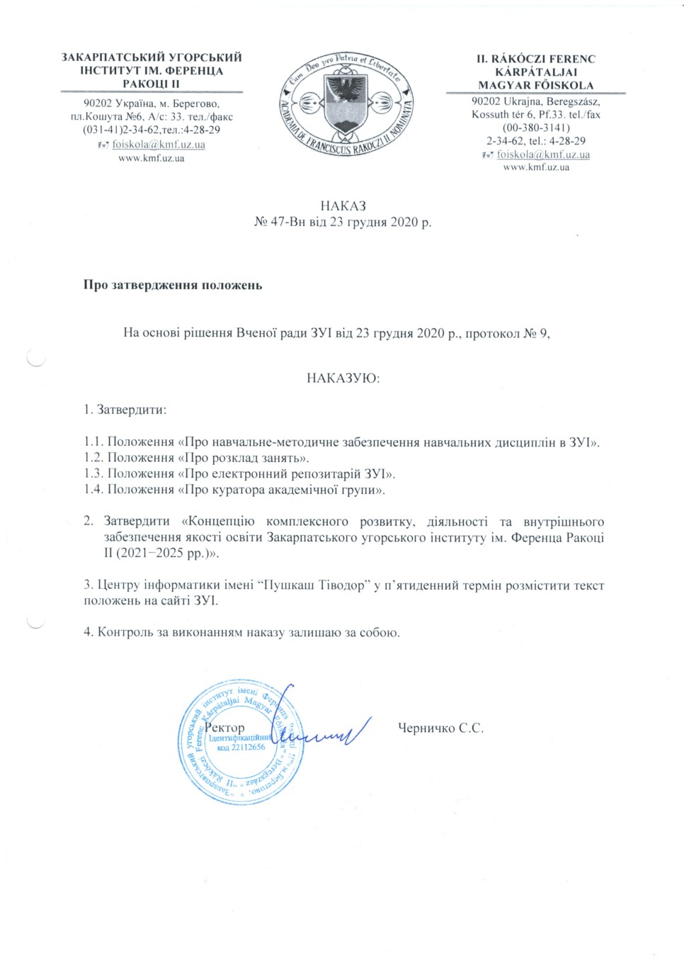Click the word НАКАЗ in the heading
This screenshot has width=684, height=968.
click(343, 206)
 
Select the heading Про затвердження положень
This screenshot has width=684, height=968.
click(173, 286)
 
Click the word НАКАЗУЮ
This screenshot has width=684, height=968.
click(343, 378)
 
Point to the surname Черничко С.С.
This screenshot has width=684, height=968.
click(440, 728)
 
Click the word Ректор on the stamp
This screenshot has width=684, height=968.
click(224, 728)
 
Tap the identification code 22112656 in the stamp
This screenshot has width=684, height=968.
click(248, 747)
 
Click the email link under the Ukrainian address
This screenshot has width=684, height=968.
click(159, 145)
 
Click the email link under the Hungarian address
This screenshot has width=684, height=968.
click(543, 154)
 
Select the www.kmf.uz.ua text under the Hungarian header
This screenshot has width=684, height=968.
click(536, 167)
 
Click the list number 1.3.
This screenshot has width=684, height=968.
click(93, 474)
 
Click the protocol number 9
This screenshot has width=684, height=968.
click(543, 333)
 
